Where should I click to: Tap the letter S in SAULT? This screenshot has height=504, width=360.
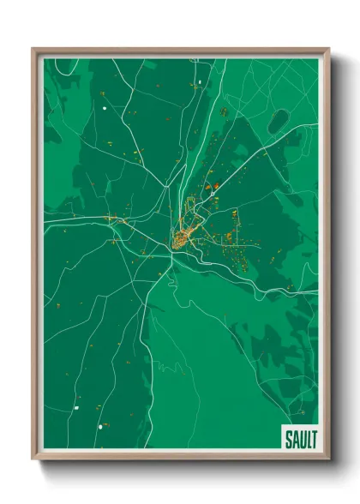tap(289, 440)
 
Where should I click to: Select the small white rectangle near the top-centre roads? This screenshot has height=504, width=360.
tap(199, 83)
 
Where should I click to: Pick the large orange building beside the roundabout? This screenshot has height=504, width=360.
tap(217, 186)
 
